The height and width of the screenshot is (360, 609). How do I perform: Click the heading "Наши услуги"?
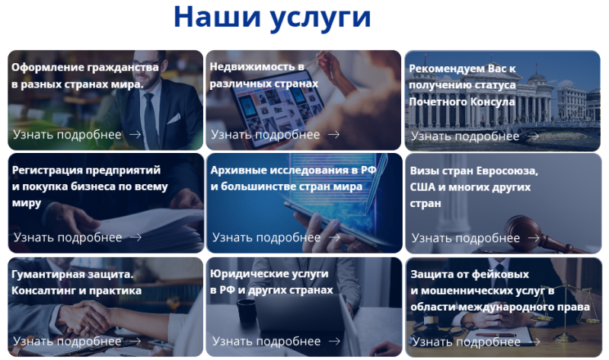tap(273, 18)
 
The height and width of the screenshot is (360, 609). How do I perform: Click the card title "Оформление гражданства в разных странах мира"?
tap(85, 75)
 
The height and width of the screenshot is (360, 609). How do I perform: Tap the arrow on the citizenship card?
tap(136, 135)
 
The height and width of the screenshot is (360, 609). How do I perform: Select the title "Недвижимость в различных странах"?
tap(263, 75)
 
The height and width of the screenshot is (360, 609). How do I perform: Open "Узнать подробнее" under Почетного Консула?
tap(465, 136)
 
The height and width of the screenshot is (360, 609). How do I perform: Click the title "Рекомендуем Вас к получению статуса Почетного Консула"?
tap(462, 85)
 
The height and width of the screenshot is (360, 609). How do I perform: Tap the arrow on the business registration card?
tap(136, 237)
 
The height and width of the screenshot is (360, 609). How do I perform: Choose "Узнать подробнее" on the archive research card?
tap(266, 237)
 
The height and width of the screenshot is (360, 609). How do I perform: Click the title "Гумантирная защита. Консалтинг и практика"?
tap(77, 282)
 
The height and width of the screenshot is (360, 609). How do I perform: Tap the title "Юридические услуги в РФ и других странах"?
tap(272, 282)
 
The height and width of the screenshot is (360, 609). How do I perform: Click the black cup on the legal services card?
tap(246, 311)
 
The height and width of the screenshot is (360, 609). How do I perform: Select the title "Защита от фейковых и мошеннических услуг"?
tap(500, 291)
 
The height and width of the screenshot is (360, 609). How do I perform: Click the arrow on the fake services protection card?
tap(534, 342)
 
